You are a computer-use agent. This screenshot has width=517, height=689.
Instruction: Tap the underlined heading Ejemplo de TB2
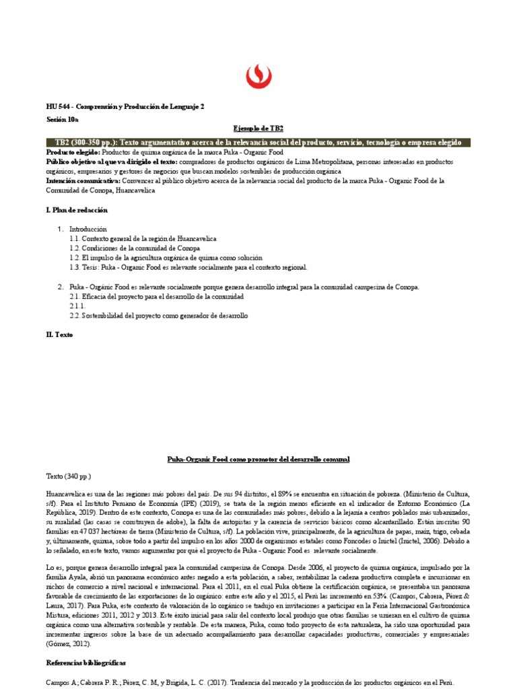pyautogui.click(x=258, y=129)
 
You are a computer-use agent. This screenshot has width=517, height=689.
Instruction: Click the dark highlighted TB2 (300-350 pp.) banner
pyautogui.click(x=258, y=143)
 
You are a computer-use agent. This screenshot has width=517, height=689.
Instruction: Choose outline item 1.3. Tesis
pyautogui.click(x=188, y=267)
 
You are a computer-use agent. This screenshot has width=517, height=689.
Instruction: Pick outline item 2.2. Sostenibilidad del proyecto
pyautogui.click(x=159, y=315)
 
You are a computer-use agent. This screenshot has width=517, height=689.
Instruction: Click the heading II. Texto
pyautogui.click(x=59, y=334)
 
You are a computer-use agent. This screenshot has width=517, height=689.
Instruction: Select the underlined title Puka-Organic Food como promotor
pyautogui.click(x=258, y=458)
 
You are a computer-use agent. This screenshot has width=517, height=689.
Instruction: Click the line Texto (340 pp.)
pyautogui.click(x=68, y=475)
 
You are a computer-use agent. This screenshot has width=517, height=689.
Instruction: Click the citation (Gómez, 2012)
pyautogui.click(x=69, y=643)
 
